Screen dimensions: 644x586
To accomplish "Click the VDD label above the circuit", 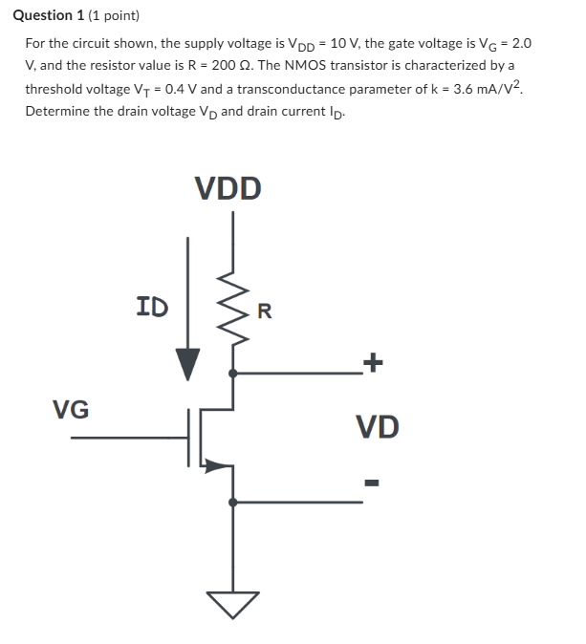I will click(x=228, y=187).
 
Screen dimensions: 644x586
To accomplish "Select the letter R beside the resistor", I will click(x=265, y=310).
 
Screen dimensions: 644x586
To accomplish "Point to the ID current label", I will click(x=153, y=307).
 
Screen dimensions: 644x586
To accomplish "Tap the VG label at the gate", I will click(x=71, y=410).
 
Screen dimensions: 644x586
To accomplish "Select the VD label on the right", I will click(x=377, y=426).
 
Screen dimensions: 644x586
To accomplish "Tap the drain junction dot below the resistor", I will click(x=232, y=373).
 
